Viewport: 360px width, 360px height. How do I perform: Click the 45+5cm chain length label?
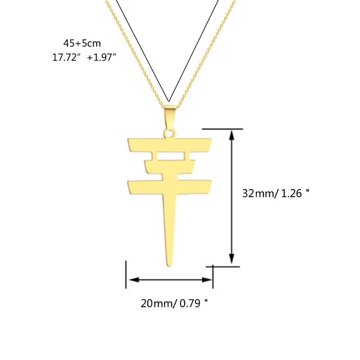pos(82,43)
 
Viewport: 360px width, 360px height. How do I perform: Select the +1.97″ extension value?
pos(101,57)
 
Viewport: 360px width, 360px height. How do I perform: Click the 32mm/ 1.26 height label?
pos(276,193)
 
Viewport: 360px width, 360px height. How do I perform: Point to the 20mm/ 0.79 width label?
pos(174,303)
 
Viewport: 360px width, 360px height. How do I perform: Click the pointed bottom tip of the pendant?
pos(169,266)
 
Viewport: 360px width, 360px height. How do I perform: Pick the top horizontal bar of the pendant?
pos(170,144)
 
